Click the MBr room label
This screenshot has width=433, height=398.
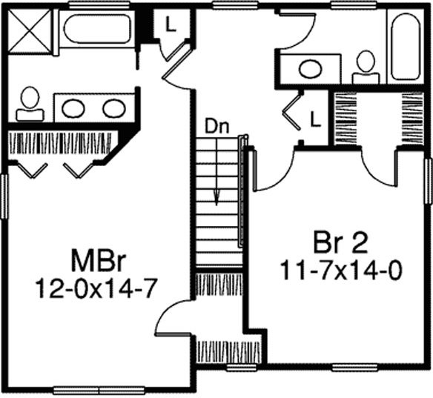point(99,260)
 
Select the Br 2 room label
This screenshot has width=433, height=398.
point(341,243)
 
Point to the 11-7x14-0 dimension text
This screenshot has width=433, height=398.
point(341,271)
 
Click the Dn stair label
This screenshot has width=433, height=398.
point(216,127)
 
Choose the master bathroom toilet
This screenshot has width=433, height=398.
point(30,104)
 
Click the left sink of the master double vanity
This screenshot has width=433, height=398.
point(73,108)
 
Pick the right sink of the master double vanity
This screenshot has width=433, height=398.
point(114,108)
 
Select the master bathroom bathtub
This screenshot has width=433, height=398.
point(97,29)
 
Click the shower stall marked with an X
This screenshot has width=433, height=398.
point(30,30)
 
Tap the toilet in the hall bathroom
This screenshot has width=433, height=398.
point(366,67)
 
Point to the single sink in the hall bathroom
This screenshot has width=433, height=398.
point(311,69)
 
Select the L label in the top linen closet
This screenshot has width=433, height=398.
point(171,24)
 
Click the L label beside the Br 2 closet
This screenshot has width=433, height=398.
point(315,119)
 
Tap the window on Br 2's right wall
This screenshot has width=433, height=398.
point(429,181)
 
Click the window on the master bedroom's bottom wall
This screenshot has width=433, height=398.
point(99,391)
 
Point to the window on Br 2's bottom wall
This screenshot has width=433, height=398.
point(354,368)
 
